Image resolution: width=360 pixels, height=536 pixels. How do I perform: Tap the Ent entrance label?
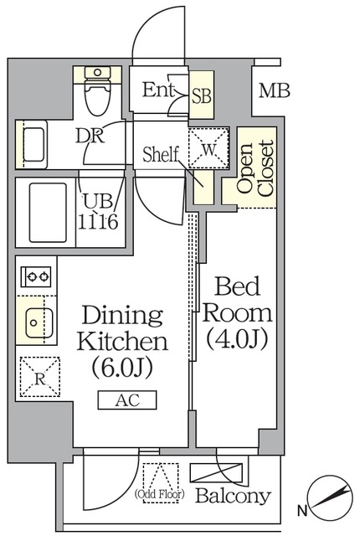(159, 90)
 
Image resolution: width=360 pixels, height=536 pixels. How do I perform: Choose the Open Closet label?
(255, 167)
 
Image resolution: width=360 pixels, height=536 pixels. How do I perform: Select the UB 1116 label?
(98, 213)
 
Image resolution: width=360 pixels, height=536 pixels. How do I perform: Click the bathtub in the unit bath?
(47, 213)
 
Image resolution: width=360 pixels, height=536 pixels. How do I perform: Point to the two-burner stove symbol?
(35, 276)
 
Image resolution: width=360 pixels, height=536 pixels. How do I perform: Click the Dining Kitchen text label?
(122, 328)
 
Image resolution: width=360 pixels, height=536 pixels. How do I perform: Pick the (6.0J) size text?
(123, 367)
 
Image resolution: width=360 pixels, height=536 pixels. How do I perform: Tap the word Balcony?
(233, 496)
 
